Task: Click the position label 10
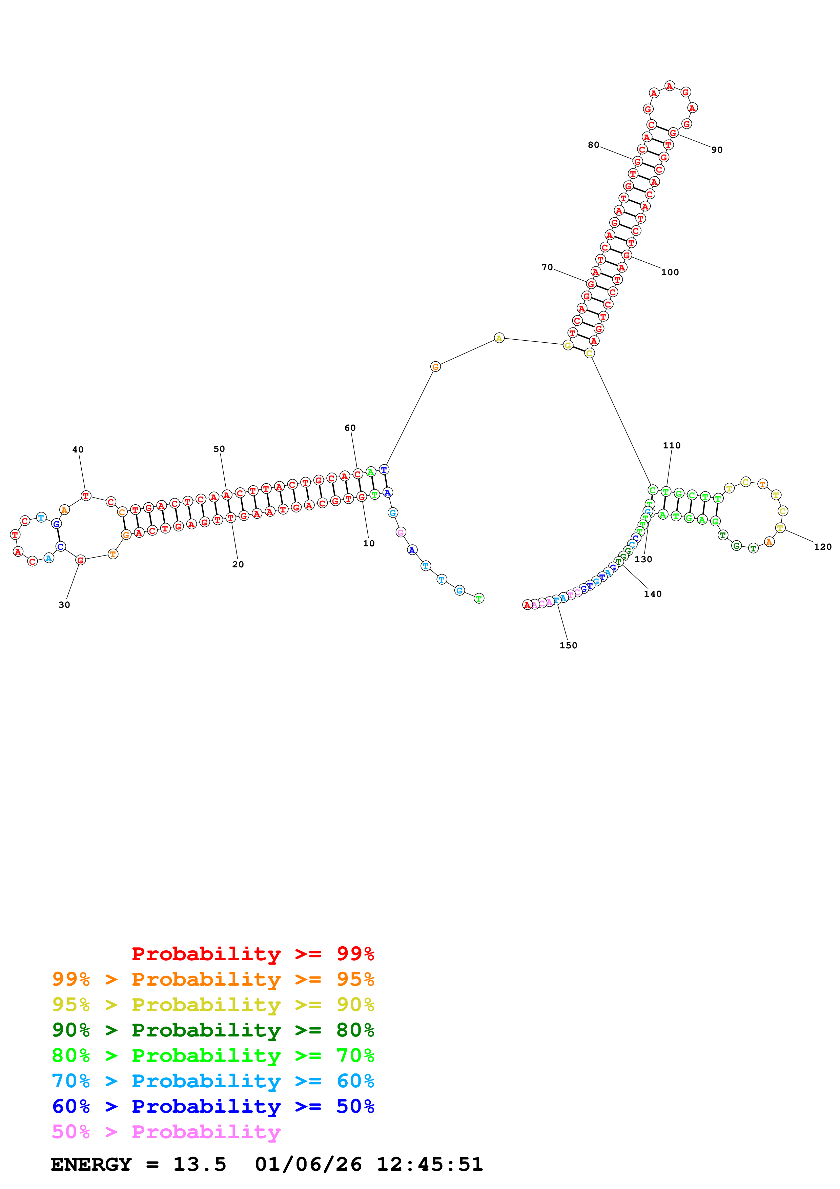point(369,543)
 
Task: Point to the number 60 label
point(350,428)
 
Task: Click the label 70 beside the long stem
point(547,267)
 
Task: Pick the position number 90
point(717,150)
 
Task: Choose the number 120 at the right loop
point(822,546)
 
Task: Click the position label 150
point(568,645)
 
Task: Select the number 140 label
point(653,594)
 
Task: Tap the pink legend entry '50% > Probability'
point(166,1132)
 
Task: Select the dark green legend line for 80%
point(213,1030)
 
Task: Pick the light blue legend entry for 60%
point(213,1081)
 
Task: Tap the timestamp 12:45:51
point(430,1165)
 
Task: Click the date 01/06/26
point(308,1165)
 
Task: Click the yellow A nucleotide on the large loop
point(499,338)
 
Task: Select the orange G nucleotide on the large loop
point(435,367)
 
